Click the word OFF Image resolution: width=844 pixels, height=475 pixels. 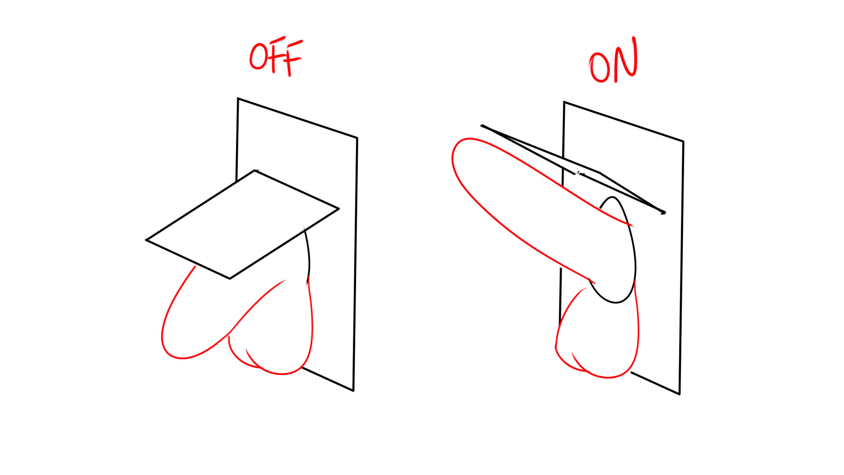tap(276, 57)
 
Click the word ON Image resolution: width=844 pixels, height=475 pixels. tap(613, 61)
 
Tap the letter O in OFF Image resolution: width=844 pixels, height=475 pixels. tap(258, 56)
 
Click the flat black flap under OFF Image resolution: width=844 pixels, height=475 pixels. tap(242, 224)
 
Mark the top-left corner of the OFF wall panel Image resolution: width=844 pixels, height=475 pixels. tap(238, 99)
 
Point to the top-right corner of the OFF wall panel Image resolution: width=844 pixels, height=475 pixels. tap(357, 138)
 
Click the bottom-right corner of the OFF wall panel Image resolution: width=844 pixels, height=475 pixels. tap(353, 391)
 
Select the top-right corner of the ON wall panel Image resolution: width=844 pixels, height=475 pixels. tap(683, 142)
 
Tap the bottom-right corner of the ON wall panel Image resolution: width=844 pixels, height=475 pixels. tap(680, 394)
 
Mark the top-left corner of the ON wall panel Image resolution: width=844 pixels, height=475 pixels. tap(564, 102)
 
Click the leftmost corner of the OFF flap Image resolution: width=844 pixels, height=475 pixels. tap(146, 240)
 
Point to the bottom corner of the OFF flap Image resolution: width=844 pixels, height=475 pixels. tap(229, 279)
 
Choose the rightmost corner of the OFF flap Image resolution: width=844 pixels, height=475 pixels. tap(339, 208)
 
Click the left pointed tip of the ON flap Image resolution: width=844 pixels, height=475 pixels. tap(482, 126)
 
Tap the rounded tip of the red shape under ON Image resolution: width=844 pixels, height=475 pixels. tap(453, 156)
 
